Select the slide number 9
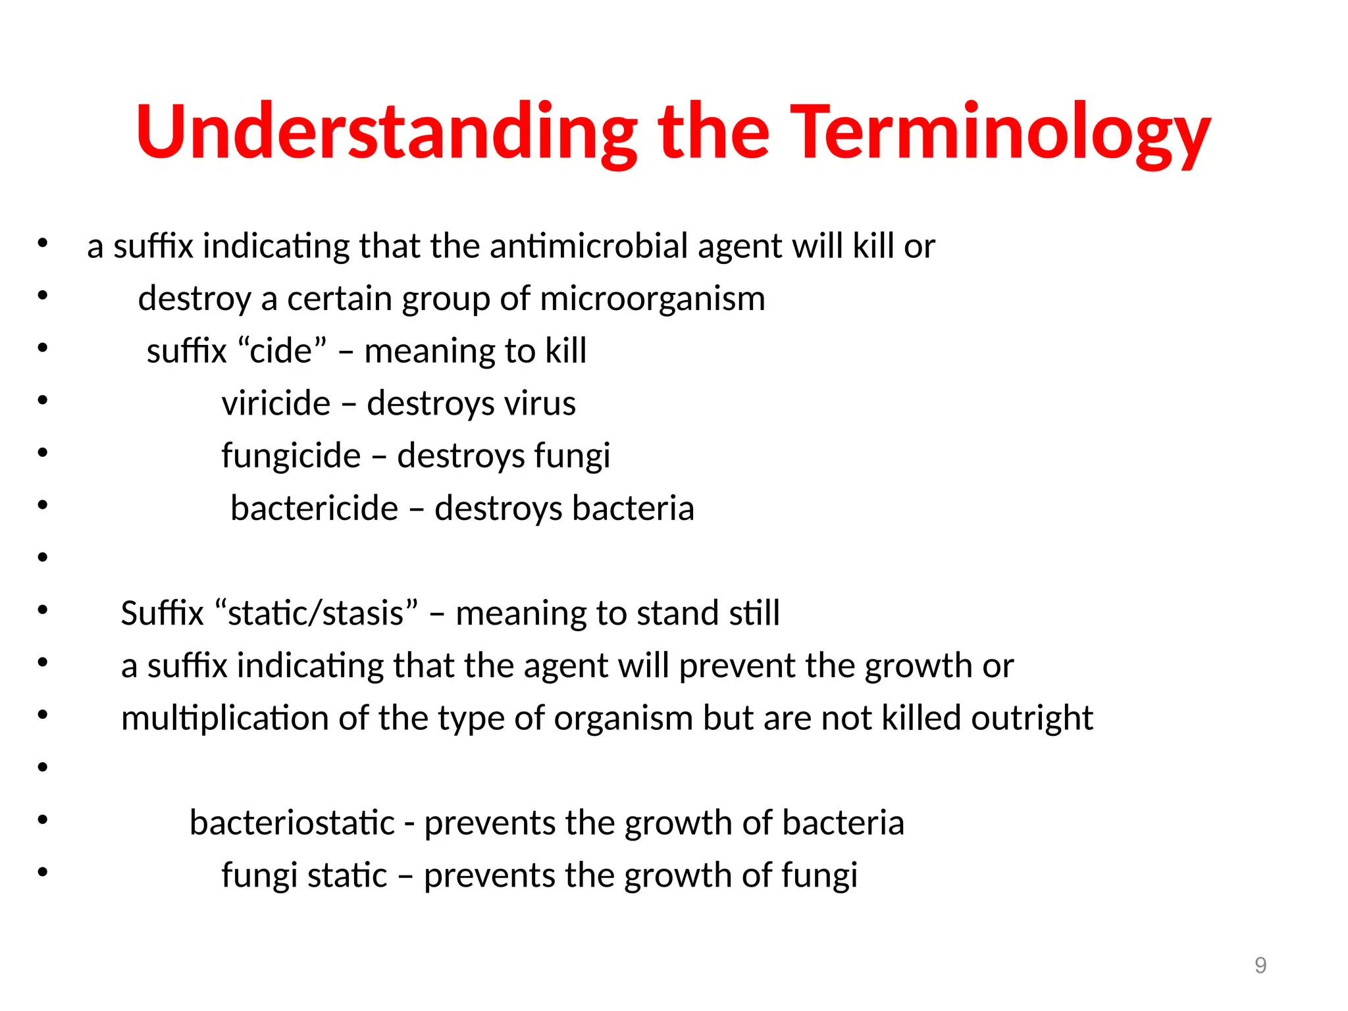coord(1260,965)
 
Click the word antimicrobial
coord(588,246)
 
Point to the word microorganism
coord(652,299)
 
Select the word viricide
coord(276,403)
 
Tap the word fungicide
coord(291,455)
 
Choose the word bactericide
coord(315,508)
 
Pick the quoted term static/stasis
coord(316,613)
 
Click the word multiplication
coord(224,718)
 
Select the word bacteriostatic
coord(292,823)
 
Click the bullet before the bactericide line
coord(43,505)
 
